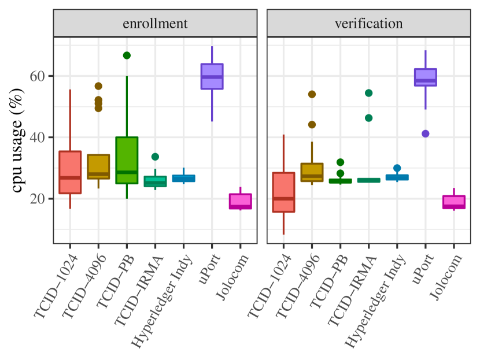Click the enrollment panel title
tap(154, 24)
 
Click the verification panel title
tap(368, 24)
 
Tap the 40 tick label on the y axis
tap(38, 138)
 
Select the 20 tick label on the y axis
tap(38, 199)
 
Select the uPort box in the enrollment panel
tap(212, 76)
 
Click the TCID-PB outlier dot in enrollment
tap(127, 55)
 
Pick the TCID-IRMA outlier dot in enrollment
tap(155, 157)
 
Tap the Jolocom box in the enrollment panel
tap(240, 201)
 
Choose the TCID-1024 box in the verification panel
tap(283, 192)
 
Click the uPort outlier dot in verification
tap(426, 133)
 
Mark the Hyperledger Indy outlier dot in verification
tap(397, 168)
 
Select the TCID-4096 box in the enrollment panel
tap(98, 166)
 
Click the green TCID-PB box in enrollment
tap(127, 160)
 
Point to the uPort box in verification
tap(426, 77)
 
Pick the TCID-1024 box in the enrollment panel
tap(70, 172)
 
